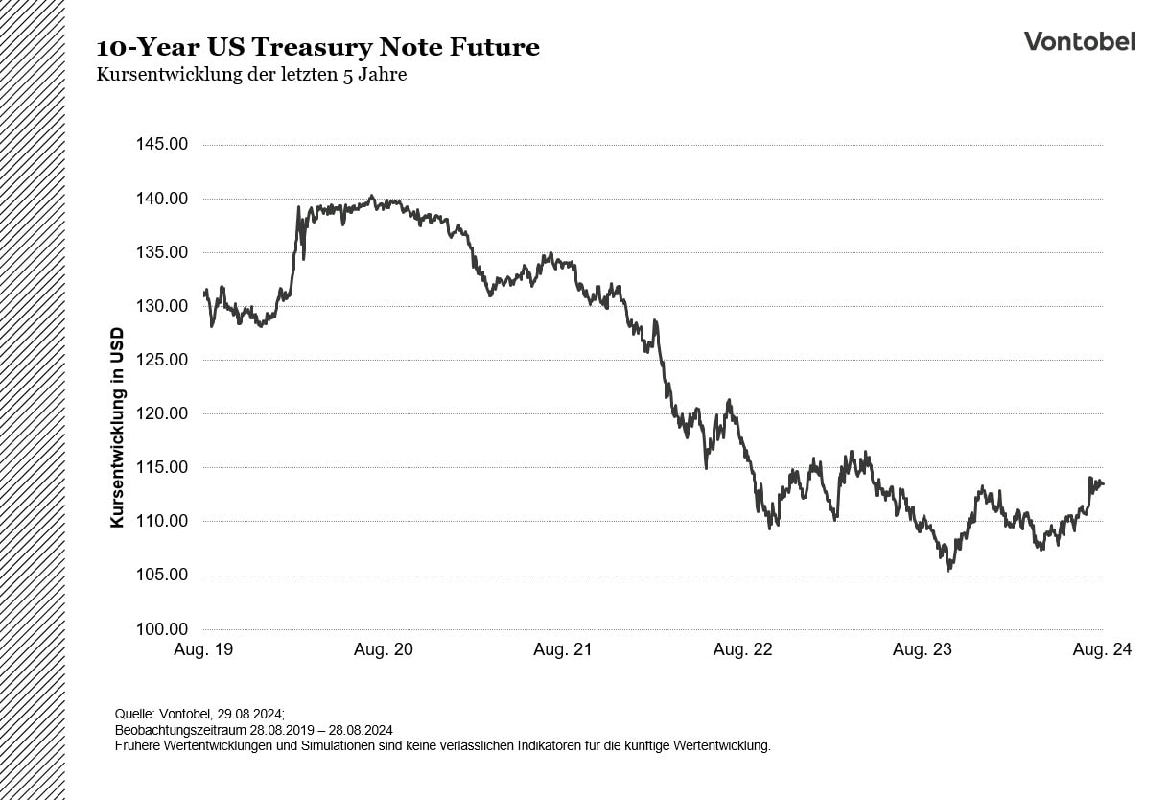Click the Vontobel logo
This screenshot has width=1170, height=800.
click(x=1079, y=41)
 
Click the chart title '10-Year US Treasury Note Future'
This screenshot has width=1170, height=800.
click(x=317, y=47)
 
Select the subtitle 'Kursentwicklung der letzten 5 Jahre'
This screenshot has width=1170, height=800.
click(x=251, y=75)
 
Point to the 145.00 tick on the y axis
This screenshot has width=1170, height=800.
click(x=163, y=145)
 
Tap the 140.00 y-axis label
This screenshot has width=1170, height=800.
click(x=163, y=199)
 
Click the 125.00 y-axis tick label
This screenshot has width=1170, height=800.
click(x=163, y=360)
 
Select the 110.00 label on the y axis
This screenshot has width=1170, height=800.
click(x=163, y=521)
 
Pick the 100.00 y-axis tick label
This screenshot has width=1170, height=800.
click(x=163, y=629)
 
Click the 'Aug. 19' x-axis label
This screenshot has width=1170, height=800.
click(x=203, y=649)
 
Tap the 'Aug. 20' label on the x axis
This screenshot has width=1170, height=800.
click(x=384, y=649)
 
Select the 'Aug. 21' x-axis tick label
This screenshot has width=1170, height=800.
click(x=563, y=649)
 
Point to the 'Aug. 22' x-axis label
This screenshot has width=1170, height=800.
click(x=742, y=649)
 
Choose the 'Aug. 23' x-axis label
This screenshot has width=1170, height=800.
click(x=923, y=649)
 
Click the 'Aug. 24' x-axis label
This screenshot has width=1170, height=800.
click(x=1102, y=649)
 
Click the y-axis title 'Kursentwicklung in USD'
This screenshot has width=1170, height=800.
click(x=117, y=428)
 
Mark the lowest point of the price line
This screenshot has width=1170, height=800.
click(x=948, y=571)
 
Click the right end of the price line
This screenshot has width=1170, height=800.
click(x=1103, y=483)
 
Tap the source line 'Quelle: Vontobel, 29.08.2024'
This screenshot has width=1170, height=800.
click(x=199, y=714)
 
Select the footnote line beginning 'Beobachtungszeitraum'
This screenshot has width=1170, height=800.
click(x=253, y=730)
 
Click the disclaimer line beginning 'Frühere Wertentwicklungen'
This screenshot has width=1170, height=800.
click(x=442, y=745)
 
